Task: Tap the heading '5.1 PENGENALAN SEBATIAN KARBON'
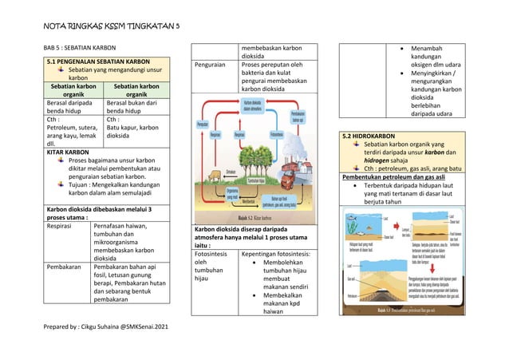pyautogui.click(x=98, y=61)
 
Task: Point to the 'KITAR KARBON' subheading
pyautogui.click(x=68, y=151)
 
